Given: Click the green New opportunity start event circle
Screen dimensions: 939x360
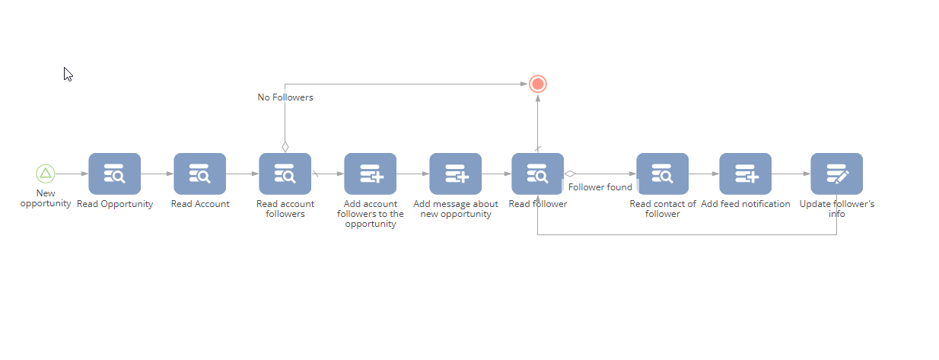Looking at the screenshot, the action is pos(45,174).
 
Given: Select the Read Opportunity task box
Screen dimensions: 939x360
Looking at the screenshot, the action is pos(114,174).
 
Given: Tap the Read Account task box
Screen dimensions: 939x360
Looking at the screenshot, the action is pos(200,174).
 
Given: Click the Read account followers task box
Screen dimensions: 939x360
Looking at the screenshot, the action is pos(285,174).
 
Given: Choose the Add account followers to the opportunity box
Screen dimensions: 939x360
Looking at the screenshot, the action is pos(370,174).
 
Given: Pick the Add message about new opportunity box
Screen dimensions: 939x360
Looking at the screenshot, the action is pos(455,174).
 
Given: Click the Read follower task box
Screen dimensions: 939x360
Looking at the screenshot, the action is pos(537,174).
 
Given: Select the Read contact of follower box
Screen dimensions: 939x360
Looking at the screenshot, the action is pos(662,174).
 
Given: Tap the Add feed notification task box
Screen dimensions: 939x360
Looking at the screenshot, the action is pos(745,174).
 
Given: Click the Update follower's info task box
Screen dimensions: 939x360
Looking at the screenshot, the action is pos(837,174).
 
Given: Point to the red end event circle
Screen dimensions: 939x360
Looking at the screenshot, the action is pos(538,84).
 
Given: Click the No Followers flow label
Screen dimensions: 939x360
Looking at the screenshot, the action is pos(285,97).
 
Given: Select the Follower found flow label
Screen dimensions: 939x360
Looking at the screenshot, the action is pos(600,187).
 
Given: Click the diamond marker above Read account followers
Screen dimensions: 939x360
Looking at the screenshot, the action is pos(285,147).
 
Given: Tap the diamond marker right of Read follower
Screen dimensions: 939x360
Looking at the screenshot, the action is pos(570,174).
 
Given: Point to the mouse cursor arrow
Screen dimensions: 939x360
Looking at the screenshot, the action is pos(68,74).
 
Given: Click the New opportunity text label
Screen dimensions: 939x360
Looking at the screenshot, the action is pos(45,198).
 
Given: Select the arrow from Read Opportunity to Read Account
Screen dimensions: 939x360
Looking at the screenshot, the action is pos(158,174).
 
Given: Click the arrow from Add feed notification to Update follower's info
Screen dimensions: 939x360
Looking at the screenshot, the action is pos(791,174).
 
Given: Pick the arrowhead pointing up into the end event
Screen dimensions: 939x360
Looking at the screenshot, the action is pos(538,98).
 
